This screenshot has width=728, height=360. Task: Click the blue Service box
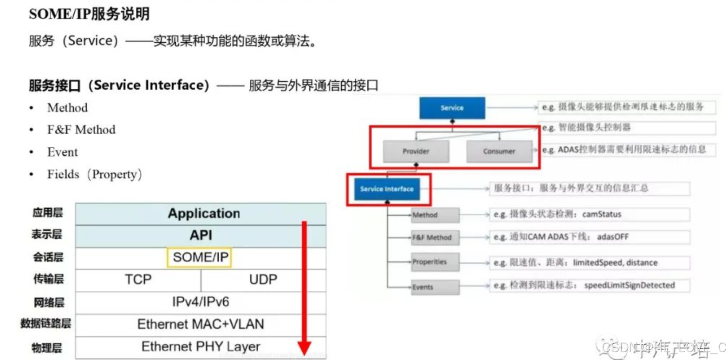pos(452,108)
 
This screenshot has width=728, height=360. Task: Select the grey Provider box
pos(416,151)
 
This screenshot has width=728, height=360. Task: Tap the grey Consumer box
pos(499,151)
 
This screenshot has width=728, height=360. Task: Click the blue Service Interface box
pos(387,189)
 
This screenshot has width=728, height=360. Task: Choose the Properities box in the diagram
pos(435,262)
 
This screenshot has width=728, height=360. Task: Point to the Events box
pos(435,287)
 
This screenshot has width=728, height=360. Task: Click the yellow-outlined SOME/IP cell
pos(199,257)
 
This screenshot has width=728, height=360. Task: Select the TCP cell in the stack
pos(138,280)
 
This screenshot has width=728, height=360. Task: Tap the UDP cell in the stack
pos(263,280)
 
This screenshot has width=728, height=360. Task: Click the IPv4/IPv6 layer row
pos(201,302)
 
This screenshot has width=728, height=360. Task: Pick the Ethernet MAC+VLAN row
pos(201,324)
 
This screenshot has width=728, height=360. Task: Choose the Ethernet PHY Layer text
pos(201,347)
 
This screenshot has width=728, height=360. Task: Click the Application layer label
pos(204,214)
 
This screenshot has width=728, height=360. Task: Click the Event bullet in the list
pos(62,152)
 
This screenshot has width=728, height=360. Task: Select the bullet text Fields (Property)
pos(94,175)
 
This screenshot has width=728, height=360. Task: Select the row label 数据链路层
pos(45,323)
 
